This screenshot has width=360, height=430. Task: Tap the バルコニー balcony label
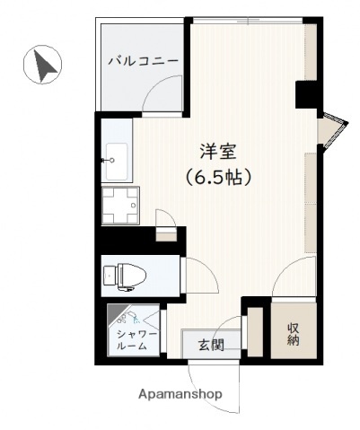(143, 61)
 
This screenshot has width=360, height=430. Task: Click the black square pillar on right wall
(306, 94)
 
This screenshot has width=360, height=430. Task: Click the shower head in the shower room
(122, 317)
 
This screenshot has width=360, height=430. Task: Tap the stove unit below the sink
(120, 205)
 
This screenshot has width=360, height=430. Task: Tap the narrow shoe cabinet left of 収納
(255, 333)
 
